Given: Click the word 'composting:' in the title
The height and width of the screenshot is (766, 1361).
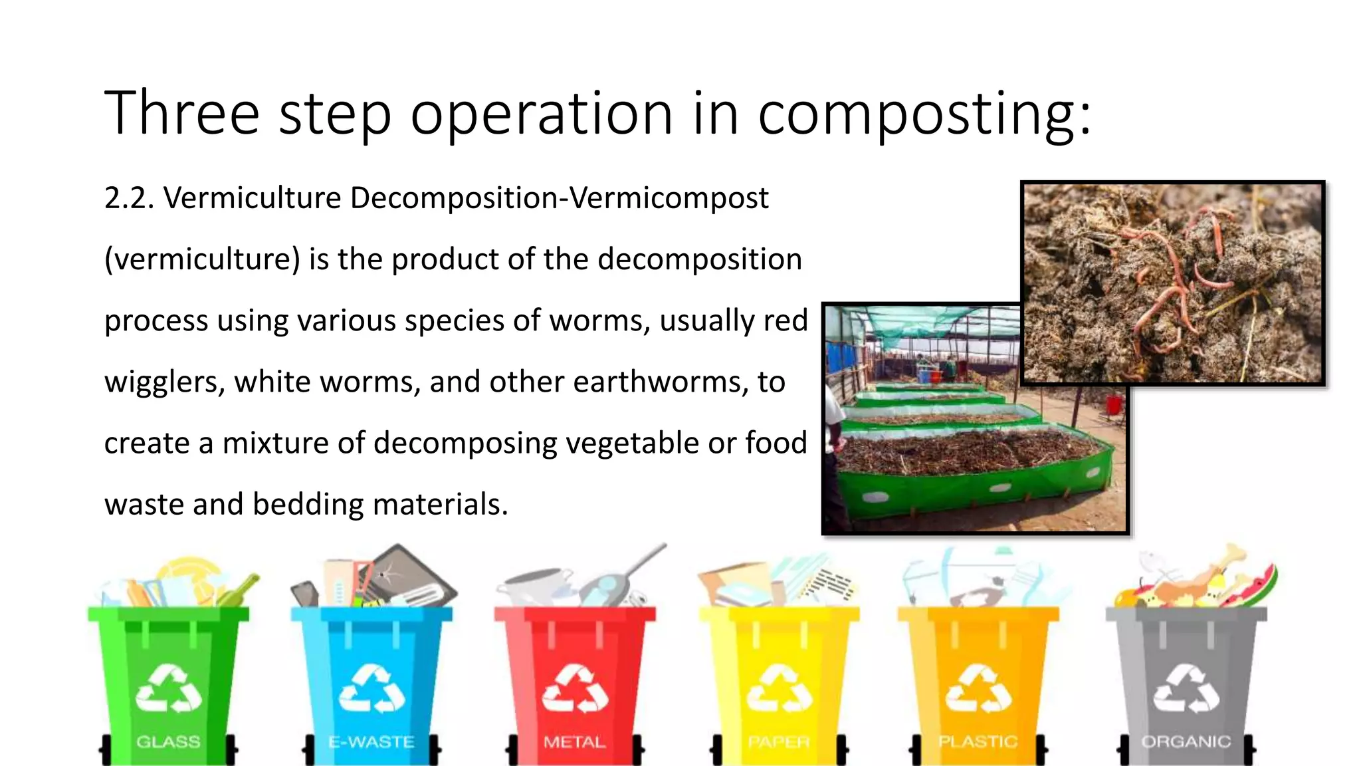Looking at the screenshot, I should click(x=924, y=114).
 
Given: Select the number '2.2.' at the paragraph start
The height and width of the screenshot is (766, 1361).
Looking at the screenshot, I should click(x=129, y=198).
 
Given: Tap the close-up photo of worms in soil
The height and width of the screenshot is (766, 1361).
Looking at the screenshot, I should click(x=1172, y=283).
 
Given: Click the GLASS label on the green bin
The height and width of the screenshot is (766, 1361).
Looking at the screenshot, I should click(x=168, y=741).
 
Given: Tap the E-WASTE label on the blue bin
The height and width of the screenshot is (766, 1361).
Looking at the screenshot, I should click(x=371, y=741).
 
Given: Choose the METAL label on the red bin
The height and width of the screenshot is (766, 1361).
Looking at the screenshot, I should click(x=574, y=741).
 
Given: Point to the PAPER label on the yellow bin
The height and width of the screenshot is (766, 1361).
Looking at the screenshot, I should click(x=779, y=741).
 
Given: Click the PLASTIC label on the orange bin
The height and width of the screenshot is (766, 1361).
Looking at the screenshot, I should click(x=978, y=741).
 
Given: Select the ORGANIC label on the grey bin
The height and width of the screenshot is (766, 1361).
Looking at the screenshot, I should click(x=1186, y=741).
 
